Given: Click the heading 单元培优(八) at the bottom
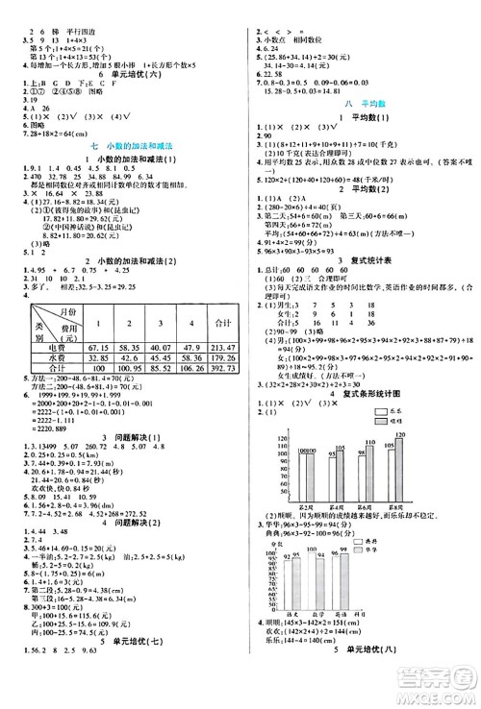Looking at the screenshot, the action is point(364,678).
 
